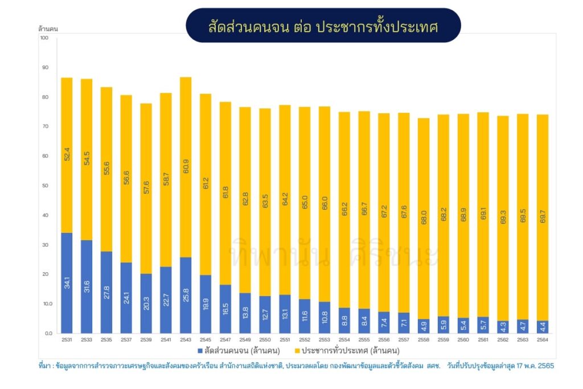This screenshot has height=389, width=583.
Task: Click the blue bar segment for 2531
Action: coord(67,282)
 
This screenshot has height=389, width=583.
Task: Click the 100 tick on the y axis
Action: coord(45,38)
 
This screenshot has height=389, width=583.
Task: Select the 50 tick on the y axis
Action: coord(45,186)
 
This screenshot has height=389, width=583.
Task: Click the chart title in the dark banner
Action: coord(323,26)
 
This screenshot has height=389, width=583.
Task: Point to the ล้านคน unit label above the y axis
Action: coord(48,28)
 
